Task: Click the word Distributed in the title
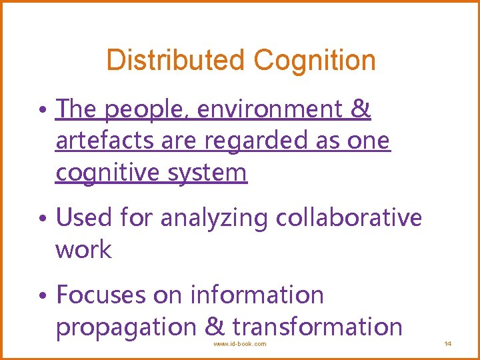point(177,60)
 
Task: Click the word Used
point(84,217)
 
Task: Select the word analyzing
point(213,217)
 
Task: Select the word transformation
point(317,327)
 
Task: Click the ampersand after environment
point(361,109)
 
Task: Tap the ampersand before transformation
point(215,327)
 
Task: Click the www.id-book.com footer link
point(239,344)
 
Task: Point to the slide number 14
point(448,344)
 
